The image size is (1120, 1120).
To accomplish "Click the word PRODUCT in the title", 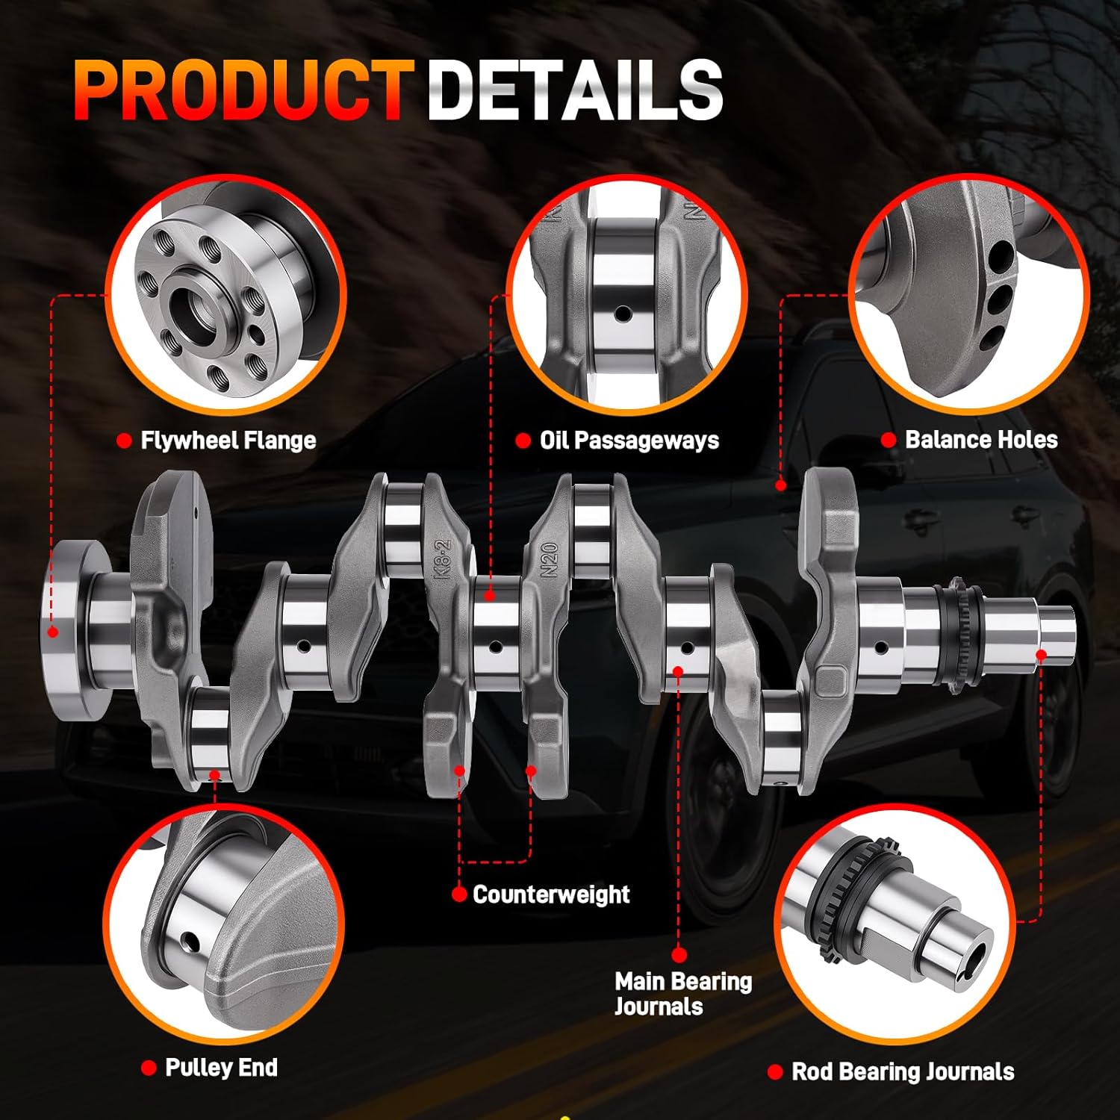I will pos(243,90).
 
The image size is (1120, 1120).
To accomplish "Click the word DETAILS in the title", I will pos(575,90).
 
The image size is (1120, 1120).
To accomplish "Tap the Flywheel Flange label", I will pos(228,441).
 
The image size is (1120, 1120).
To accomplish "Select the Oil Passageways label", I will pos(629,441).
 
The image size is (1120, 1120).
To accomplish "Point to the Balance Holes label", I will pos(981,440).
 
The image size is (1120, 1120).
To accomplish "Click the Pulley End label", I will pos(221,1068).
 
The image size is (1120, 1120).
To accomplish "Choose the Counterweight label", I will pos(551,894).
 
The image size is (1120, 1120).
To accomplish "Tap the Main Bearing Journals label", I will pos(682,993).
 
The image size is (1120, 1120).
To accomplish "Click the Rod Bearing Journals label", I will pos(903,1072).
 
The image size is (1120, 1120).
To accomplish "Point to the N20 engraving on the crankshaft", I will pos(550,559).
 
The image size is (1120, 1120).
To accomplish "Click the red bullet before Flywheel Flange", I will pos(125,441).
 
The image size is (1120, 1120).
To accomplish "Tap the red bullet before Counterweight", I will pos(459,894).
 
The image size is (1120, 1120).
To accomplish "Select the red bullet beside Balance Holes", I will pos(889,440).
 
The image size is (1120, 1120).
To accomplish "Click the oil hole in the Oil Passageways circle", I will pos(623,314).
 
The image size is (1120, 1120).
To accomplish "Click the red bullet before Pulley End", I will pos(149,1068).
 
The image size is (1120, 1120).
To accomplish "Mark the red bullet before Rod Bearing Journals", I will pos(775,1072).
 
